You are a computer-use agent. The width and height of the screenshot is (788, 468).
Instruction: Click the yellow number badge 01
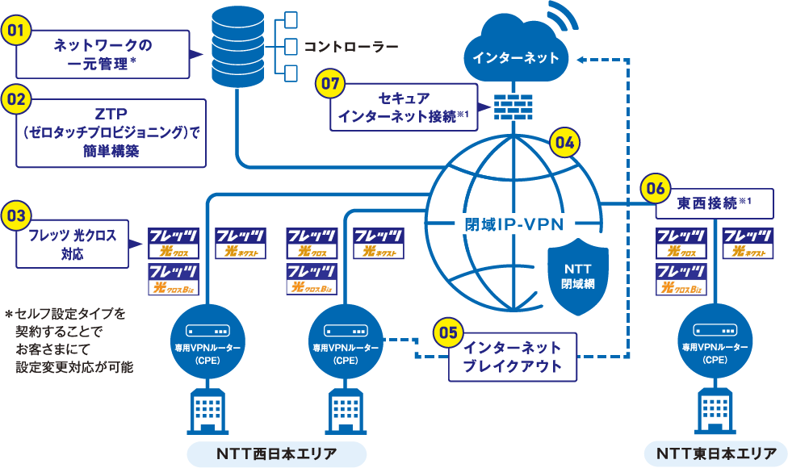[x=18, y=31]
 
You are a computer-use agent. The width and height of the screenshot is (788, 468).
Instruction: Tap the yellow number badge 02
[x=18, y=100]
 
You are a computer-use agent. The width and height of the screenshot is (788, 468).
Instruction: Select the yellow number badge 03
[x=18, y=215]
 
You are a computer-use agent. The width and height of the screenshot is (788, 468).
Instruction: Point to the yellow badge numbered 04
[x=564, y=143]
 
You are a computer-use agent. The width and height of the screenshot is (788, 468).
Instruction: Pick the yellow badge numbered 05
[x=449, y=332]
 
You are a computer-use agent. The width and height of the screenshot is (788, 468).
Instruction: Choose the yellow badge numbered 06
[x=655, y=189]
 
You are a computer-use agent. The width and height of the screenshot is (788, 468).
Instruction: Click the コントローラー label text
[x=350, y=46]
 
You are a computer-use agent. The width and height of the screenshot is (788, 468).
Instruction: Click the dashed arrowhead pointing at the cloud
[x=584, y=58]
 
